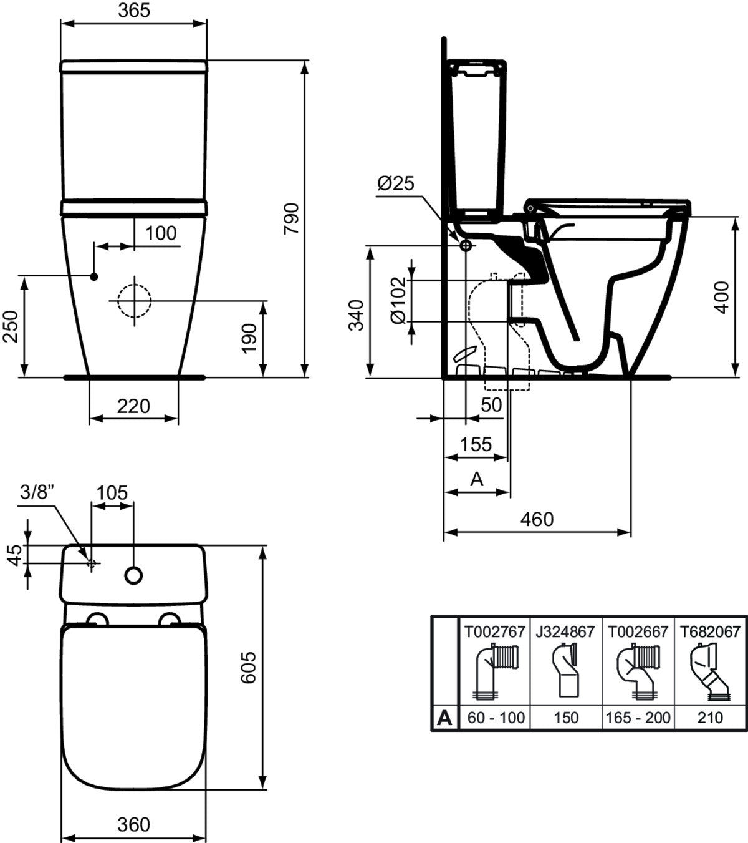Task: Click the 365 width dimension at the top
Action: [x=134, y=11]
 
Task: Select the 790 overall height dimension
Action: [x=293, y=218]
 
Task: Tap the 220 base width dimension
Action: [x=134, y=406]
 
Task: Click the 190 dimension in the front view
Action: [x=249, y=338]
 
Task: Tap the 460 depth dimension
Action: [x=536, y=519]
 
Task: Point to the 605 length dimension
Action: [x=249, y=668]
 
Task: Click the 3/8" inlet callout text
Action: [x=38, y=492]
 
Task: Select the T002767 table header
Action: [x=494, y=631]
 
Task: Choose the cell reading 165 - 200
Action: [x=638, y=718]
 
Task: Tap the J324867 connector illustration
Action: [x=566, y=673]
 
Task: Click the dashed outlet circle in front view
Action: [x=134, y=300]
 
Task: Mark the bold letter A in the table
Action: [x=444, y=718]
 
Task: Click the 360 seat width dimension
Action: [x=134, y=824]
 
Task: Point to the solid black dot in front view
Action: [x=94, y=276]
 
